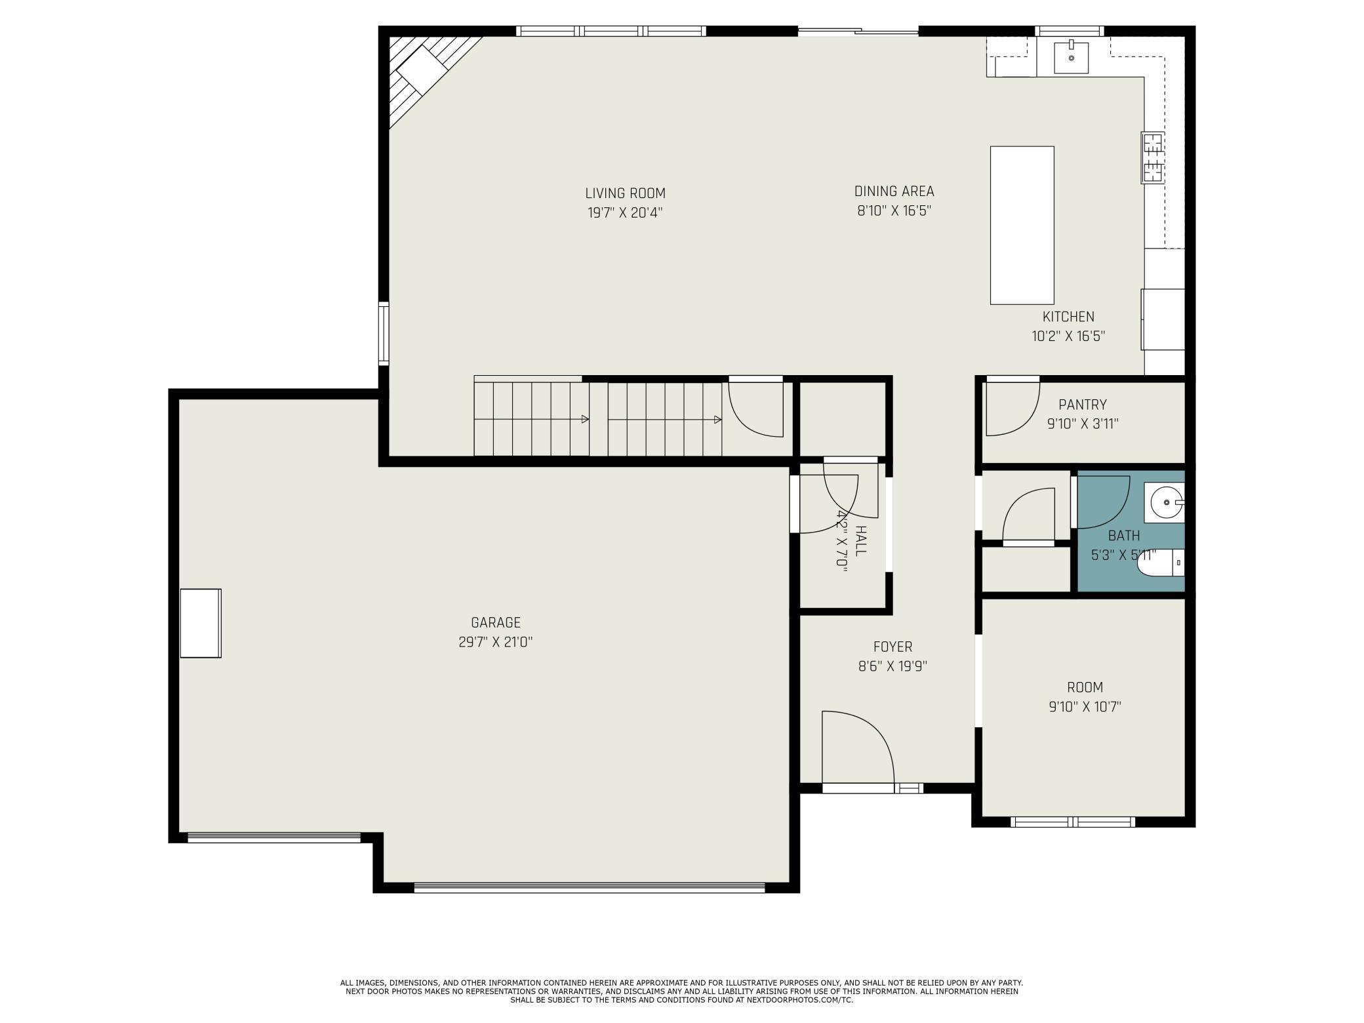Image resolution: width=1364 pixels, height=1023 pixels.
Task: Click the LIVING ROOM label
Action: [625, 193]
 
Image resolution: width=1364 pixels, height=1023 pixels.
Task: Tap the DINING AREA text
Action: [894, 191]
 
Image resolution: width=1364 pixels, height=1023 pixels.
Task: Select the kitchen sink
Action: [1071, 58]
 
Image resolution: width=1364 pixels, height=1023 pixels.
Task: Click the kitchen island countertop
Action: [1022, 225]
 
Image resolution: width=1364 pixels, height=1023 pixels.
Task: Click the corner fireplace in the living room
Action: [430, 75]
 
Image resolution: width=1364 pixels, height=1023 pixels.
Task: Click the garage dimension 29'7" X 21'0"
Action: [495, 642]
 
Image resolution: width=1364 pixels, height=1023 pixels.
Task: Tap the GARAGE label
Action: [496, 623]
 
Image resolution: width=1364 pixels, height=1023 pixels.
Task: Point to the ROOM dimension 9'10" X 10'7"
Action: [1085, 707]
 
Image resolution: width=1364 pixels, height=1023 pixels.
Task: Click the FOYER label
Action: [893, 647]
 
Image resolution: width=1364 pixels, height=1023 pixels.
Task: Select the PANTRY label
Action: [1083, 405]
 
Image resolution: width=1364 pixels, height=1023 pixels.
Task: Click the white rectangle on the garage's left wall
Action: [201, 623]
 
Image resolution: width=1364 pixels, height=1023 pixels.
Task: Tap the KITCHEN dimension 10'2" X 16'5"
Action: [1068, 336]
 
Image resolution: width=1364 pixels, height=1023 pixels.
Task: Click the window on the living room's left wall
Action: [384, 334]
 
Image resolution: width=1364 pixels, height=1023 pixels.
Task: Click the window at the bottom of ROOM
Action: [1073, 822]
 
